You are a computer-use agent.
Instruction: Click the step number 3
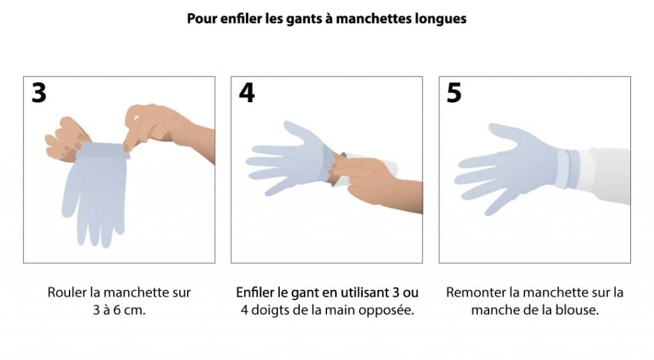point(39,93)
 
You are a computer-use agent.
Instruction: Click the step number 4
point(247,93)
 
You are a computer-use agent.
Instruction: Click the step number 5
point(454,93)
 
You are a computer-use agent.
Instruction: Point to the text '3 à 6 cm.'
point(119,310)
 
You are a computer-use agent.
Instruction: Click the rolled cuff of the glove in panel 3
point(102,150)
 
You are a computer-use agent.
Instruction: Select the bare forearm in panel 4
point(400,195)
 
